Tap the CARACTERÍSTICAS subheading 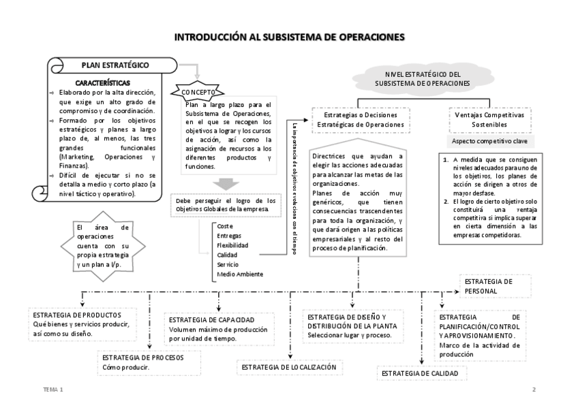tap(104, 82)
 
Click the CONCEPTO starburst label tap(198, 91)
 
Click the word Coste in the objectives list tap(225, 225)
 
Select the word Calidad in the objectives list tap(227, 254)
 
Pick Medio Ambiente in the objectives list tap(239, 274)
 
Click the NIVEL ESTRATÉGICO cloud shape tap(418, 78)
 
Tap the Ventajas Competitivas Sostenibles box tap(489, 121)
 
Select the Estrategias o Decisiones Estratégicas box tap(359, 121)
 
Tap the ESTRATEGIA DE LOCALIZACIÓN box tap(289, 367)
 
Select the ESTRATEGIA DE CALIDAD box tap(423, 373)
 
